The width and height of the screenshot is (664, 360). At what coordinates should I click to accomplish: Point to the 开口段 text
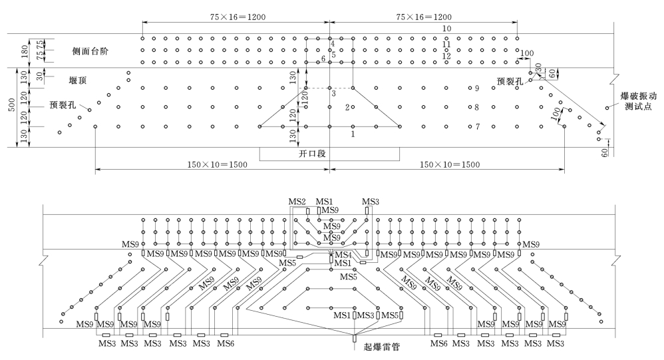329,154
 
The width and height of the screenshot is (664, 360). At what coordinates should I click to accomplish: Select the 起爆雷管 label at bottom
381,347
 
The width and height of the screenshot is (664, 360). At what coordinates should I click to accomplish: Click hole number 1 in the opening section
353,134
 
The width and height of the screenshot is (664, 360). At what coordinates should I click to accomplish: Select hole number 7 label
477,126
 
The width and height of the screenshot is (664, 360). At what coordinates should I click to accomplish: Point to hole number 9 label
477,89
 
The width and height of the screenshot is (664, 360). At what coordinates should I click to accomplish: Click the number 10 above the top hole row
446,29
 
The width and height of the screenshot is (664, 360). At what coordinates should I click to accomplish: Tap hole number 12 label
446,57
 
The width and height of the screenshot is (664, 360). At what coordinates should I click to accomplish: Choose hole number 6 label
323,60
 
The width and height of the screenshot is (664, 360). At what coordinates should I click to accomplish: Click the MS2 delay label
297,202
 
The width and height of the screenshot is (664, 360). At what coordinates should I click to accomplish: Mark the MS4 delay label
343,256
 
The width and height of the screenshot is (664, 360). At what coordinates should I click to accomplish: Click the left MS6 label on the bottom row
226,344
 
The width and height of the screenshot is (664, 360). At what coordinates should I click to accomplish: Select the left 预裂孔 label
62,104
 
